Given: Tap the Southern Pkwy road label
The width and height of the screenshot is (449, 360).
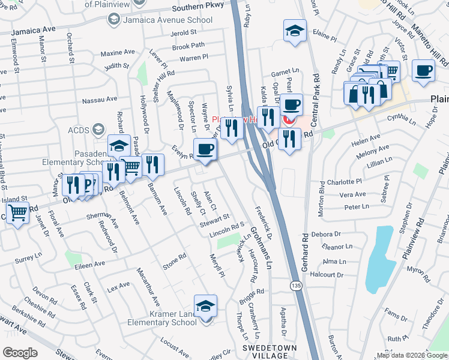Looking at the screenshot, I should pos(197,8).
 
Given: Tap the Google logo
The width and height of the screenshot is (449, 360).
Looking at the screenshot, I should pos(20,352).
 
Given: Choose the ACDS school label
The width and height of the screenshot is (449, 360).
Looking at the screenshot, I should pos(78,129).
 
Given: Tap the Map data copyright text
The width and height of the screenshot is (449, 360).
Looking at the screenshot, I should pos(411,355).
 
